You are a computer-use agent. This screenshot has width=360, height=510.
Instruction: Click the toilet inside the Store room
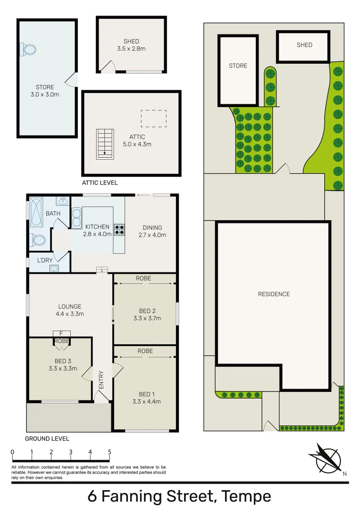point(28,49)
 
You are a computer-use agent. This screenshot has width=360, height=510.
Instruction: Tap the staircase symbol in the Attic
point(105,144)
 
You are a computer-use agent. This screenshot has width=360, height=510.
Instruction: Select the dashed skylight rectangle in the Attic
point(154,118)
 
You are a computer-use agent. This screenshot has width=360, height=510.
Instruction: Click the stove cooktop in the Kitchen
point(119,229)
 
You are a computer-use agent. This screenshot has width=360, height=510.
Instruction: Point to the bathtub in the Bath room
point(36,213)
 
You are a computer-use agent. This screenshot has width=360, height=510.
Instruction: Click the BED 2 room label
point(147,311)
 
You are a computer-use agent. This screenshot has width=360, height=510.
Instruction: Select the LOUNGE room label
point(70,306)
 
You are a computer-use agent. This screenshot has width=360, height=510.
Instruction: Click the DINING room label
point(152,228)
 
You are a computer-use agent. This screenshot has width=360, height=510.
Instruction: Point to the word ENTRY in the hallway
point(101,380)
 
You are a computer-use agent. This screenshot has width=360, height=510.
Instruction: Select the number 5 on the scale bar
point(109,452)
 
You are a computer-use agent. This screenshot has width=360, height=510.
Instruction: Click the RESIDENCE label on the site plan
point(274,294)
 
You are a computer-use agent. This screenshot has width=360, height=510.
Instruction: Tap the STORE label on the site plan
point(238,66)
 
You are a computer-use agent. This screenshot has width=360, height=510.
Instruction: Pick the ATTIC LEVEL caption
point(100,183)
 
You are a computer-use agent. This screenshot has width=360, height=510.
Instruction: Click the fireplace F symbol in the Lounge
point(61,333)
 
